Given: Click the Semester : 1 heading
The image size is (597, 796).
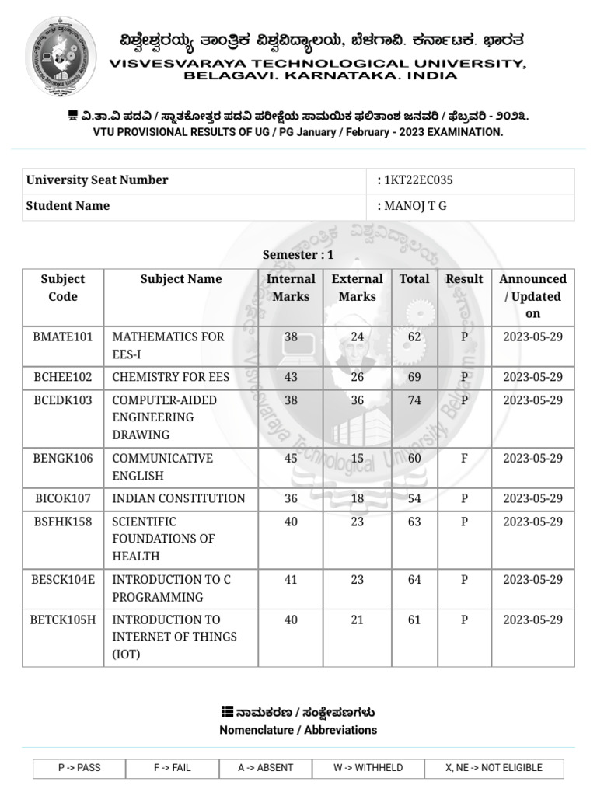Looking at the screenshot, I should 298,255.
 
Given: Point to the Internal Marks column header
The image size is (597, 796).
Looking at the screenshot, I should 291,288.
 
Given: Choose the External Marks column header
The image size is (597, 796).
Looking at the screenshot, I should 357,288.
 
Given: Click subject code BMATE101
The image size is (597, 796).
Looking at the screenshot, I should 63,337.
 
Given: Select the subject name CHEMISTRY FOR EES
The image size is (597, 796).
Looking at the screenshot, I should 171,377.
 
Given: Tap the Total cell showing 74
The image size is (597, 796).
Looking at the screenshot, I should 414,400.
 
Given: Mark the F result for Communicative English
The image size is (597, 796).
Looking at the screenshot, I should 464,458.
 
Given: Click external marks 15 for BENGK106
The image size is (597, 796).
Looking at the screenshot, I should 357,458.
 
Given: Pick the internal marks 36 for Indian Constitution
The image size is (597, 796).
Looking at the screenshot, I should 291,498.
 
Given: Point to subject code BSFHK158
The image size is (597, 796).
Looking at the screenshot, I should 63,522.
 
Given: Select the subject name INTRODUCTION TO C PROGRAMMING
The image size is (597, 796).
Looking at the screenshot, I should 171,588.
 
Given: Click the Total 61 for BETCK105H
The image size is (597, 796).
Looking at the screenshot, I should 414,620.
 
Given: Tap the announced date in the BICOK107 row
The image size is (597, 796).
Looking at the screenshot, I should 532,498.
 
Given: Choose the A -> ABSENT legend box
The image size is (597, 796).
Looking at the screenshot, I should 266,768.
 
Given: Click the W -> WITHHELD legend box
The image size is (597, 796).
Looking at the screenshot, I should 368,768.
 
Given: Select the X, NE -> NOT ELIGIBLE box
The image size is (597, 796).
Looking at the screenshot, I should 494,768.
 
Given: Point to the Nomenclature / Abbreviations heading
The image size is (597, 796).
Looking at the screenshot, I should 298,730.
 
